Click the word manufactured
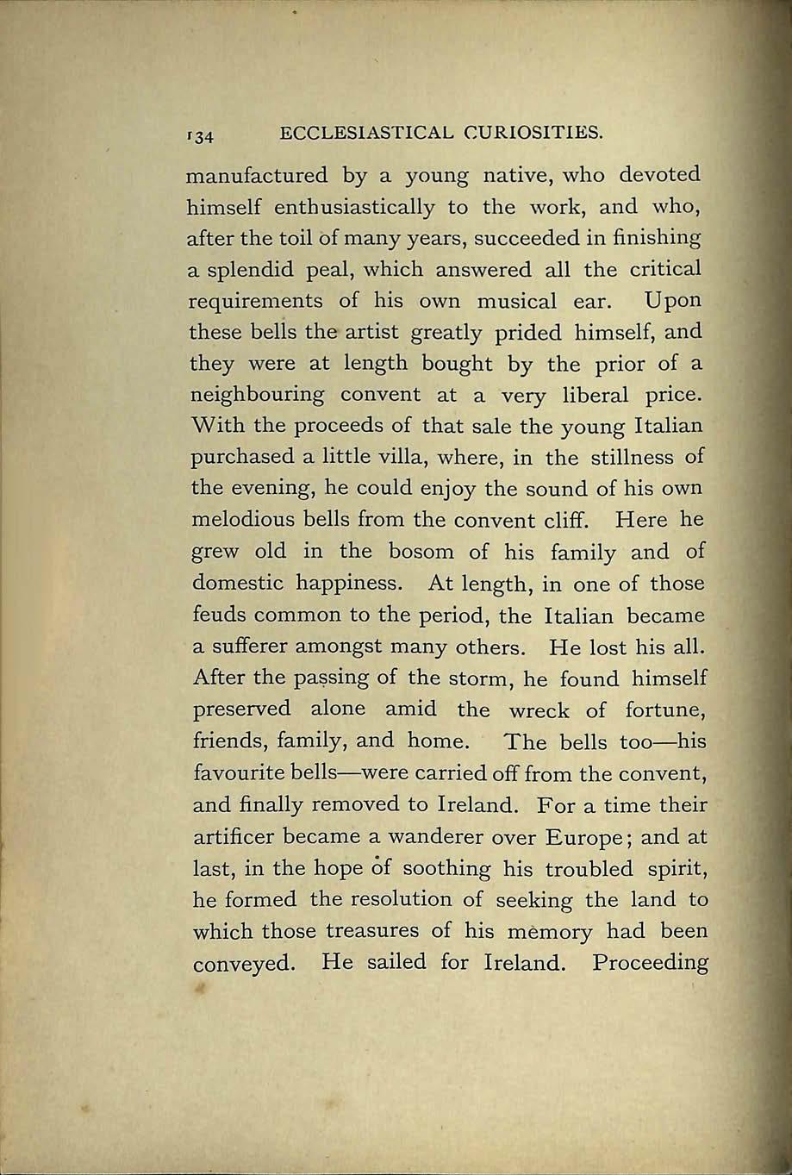(258, 176)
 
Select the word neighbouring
(257, 397)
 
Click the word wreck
(539, 710)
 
